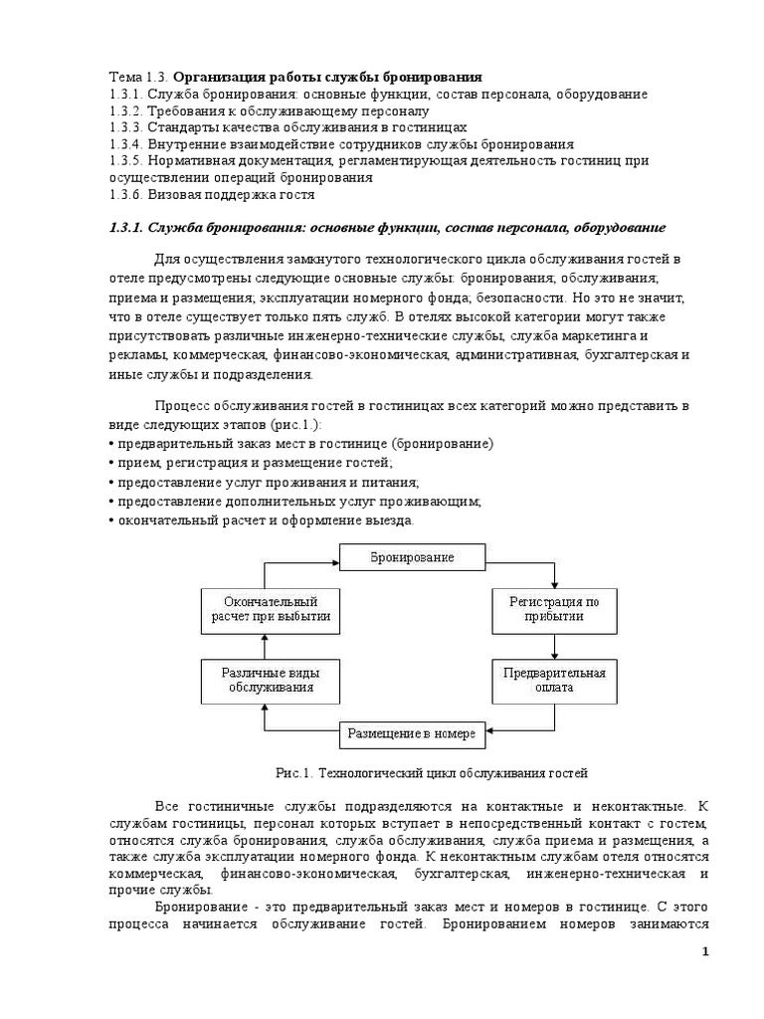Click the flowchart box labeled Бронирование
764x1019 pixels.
coord(413,557)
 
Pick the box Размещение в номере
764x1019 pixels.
coord(413,735)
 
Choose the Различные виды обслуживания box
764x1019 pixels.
coord(265,680)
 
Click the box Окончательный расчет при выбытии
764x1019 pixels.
coord(265,609)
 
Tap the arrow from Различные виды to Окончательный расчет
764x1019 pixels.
coord(265,644)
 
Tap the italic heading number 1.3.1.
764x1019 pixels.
coord(126,229)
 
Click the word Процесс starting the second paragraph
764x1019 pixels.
coord(183,406)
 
